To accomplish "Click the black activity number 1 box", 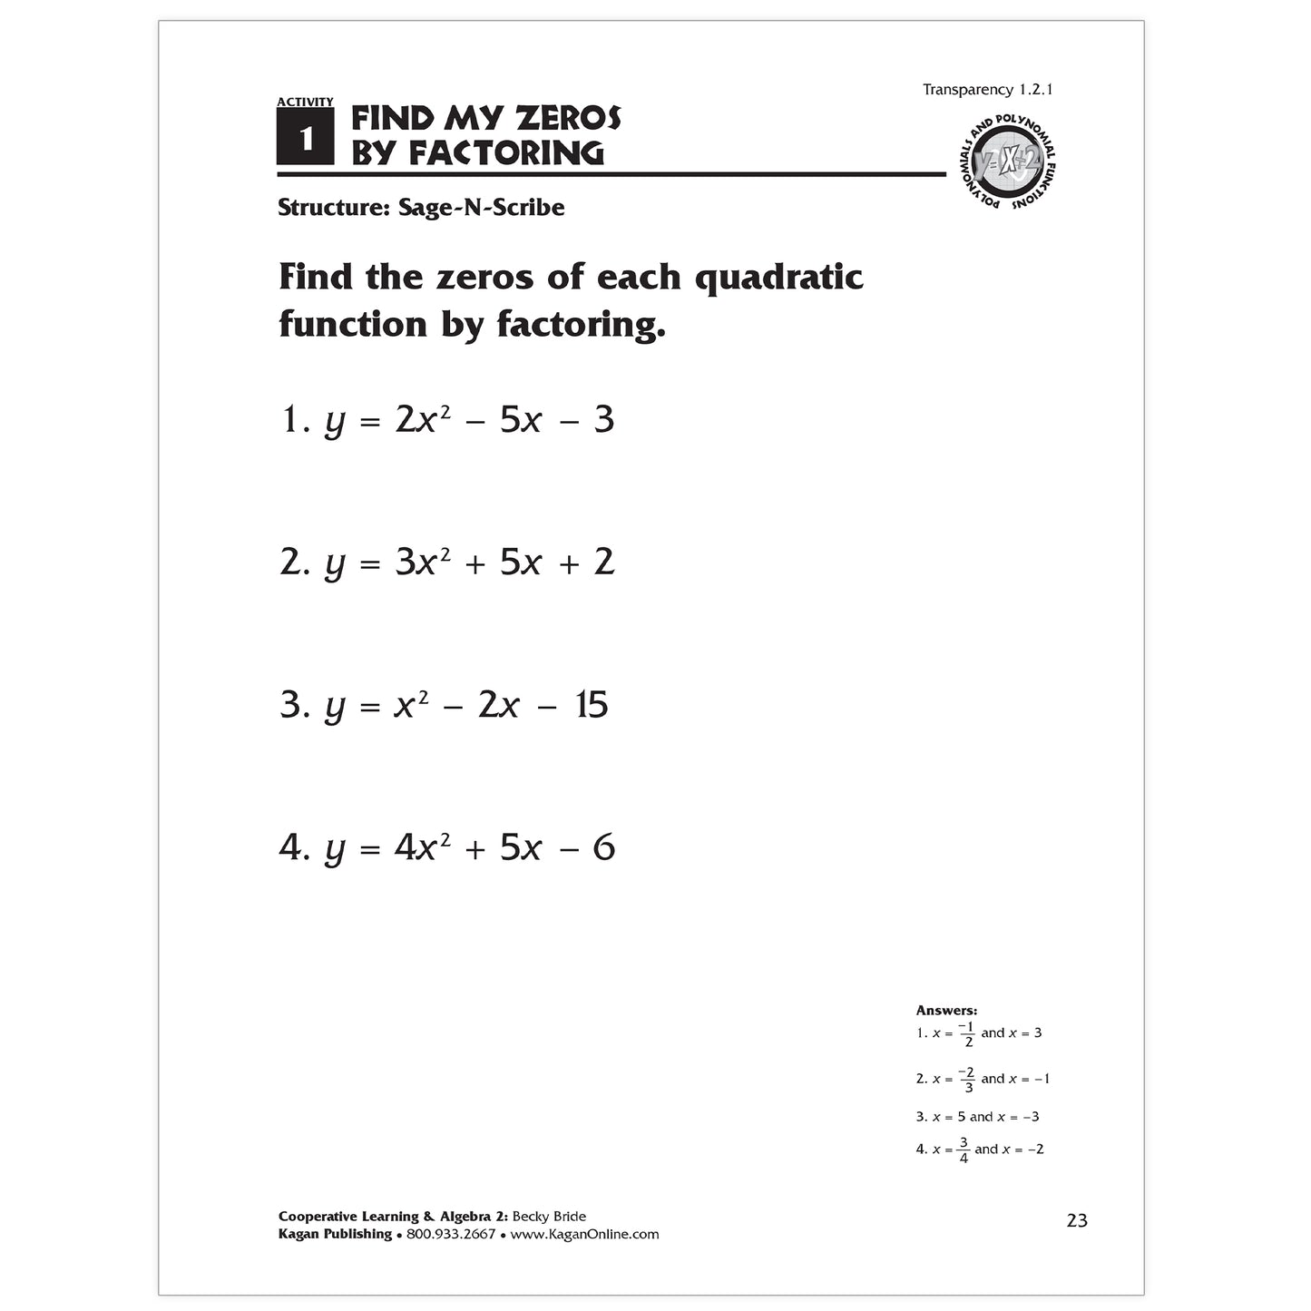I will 305,137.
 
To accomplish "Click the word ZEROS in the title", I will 568,118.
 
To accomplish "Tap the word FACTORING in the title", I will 505,153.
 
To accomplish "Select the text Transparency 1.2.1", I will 987,90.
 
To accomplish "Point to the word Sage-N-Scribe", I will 481,208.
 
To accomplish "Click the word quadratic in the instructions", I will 778,277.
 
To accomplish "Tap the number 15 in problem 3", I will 592,705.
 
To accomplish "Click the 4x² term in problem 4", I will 422,847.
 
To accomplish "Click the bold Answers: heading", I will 946,1010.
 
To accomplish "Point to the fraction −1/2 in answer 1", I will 967,1034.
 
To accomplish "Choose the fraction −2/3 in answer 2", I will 967,1080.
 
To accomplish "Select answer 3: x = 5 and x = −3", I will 978,1117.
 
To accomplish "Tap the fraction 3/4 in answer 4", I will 963,1150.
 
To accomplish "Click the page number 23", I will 1077,1220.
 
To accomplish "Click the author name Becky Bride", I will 549,1217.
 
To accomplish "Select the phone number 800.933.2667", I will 451,1234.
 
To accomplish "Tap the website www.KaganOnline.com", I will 584,1234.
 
